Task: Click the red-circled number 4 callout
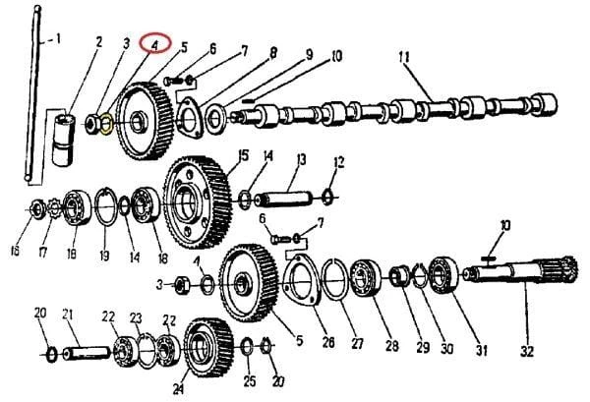pyautogui.click(x=155, y=43)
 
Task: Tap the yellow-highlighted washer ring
pyautogui.click(x=107, y=123)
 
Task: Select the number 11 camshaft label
pyautogui.click(x=404, y=59)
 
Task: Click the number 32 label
pyautogui.click(x=527, y=351)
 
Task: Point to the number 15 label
pyautogui.click(x=244, y=155)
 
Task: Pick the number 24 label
pyautogui.click(x=178, y=389)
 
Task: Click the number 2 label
pyautogui.click(x=98, y=41)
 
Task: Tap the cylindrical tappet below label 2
pyautogui.click(x=63, y=140)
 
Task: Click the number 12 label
pyautogui.click(x=338, y=162)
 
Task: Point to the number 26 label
pyautogui.click(x=328, y=342)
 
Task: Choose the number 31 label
pyautogui.click(x=482, y=350)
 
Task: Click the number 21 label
pyautogui.click(x=68, y=315)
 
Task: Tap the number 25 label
pyautogui.click(x=250, y=381)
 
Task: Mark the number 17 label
pyautogui.click(x=43, y=253)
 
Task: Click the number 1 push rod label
pyautogui.click(x=57, y=38)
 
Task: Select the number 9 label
pyautogui.click(x=309, y=54)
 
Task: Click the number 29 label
pyautogui.click(x=423, y=347)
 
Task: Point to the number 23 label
pyautogui.click(x=136, y=318)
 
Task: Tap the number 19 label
pyautogui.click(x=104, y=256)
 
